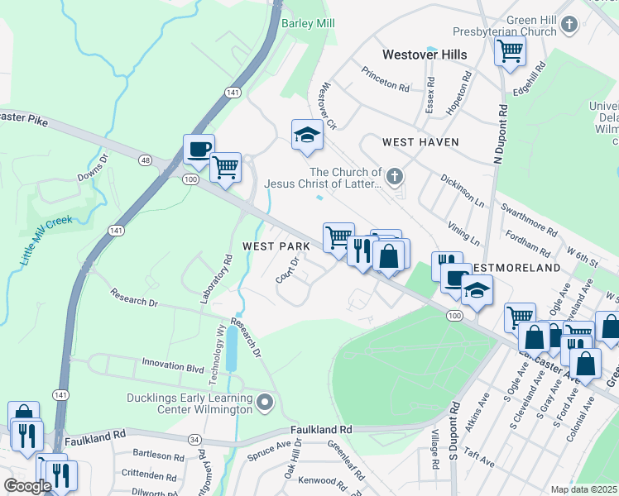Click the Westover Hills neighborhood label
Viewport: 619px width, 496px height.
click(425, 55)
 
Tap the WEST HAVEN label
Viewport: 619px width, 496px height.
click(420, 142)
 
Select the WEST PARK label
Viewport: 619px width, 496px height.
click(276, 246)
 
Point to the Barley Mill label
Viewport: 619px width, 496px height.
click(308, 23)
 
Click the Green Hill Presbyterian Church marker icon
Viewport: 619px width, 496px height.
click(568, 25)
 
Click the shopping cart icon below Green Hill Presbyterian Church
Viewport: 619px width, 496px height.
click(510, 50)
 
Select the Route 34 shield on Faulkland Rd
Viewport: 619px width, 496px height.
click(194, 439)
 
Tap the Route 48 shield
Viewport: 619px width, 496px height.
click(146, 160)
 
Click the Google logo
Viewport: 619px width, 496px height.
click(27, 486)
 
